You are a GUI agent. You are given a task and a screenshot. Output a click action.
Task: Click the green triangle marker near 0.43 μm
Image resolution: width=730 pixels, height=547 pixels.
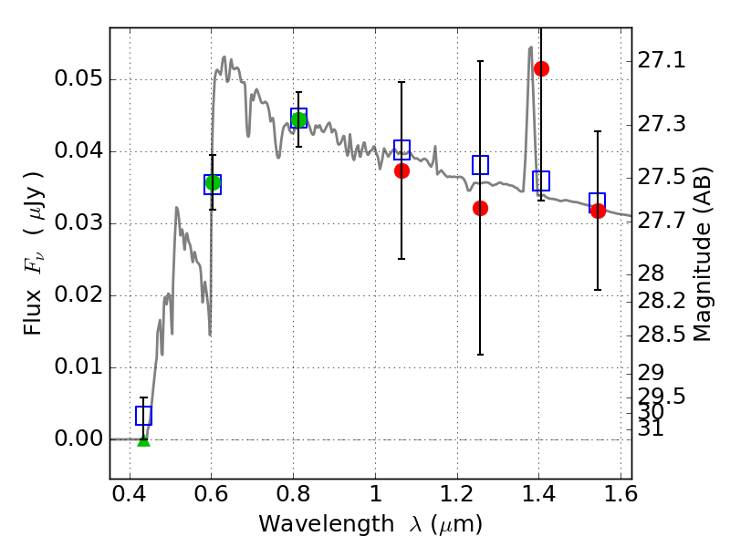(x=143, y=439)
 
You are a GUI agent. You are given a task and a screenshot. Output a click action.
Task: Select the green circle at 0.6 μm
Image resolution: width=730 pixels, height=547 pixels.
(x=213, y=183)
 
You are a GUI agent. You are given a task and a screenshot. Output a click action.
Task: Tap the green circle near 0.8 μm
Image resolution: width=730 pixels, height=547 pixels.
(x=298, y=119)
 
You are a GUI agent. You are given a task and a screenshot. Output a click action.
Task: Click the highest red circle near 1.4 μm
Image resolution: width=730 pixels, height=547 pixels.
(x=541, y=68)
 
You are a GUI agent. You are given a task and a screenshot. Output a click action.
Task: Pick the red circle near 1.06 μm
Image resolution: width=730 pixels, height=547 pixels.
(x=401, y=170)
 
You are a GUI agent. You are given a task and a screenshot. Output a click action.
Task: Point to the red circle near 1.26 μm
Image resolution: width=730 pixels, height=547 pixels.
(x=480, y=208)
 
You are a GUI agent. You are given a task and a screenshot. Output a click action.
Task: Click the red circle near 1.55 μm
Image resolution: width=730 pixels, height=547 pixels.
(x=598, y=211)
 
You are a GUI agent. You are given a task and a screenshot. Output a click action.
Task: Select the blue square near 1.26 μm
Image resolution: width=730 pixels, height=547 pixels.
(x=480, y=165)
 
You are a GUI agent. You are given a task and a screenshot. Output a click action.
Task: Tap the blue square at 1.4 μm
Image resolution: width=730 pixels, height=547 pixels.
(x=541, y=181)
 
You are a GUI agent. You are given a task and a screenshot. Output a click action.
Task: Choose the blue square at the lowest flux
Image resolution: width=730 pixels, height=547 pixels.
(x=143, y=416)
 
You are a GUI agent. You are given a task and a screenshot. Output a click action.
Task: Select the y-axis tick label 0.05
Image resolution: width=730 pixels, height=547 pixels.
(x=78, y=79)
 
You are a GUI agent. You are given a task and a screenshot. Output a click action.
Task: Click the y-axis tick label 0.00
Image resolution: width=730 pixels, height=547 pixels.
(x=78, y=439)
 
